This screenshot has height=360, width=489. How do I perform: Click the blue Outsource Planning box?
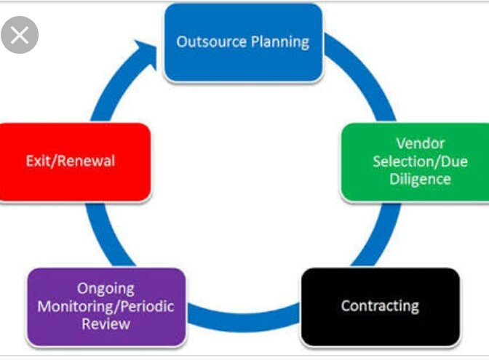[243, 42]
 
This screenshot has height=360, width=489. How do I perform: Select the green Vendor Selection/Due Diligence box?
[413, 161]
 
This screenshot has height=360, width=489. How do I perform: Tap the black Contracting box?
[380, 305]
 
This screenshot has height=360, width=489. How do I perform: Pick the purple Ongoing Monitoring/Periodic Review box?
[106, 305]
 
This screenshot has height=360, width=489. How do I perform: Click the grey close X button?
[20, 35]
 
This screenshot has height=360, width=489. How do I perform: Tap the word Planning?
[279, 41]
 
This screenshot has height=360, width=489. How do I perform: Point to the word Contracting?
[380, 305]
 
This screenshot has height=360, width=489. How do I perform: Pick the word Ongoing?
[106, 288]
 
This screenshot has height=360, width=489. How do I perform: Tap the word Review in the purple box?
[106, 324]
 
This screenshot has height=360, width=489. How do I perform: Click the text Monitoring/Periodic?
[106, 305]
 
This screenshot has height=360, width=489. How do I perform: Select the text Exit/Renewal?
[70, 161]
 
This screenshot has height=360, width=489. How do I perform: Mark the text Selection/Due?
[412, 161]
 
